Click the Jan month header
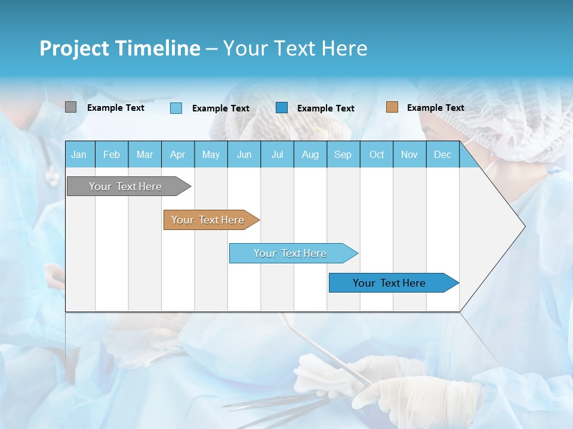point(79,154)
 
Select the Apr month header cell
point(177,154)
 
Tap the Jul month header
point(277,154)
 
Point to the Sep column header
point(343,154)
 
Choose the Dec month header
point(442,154)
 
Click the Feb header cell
point(112,154)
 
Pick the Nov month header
point(409,154)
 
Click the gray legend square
point(70,107)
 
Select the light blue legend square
point(176,108)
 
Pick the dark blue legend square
point(282,108)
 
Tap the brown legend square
point(392,107)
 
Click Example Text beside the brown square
point(435,108)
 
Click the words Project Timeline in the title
point(120,48)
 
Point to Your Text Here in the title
point(295,48)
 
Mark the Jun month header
point(244,154)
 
